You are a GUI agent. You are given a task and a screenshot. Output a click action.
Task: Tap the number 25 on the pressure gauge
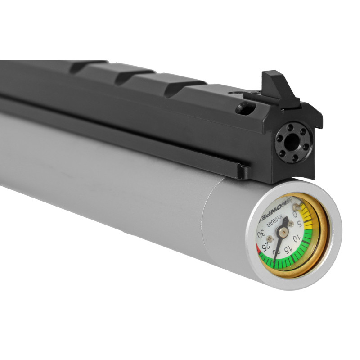click(x=266, y=246)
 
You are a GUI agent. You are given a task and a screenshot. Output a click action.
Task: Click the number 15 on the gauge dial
click(x=286, y=249)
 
